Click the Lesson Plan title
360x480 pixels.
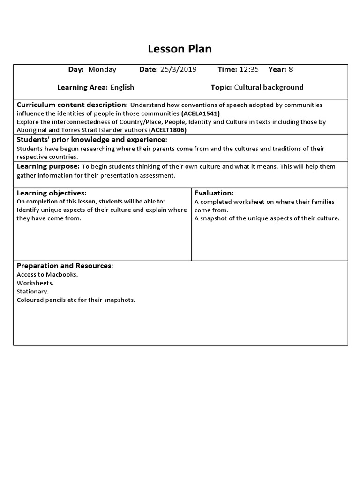180,49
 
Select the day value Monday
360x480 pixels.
102,69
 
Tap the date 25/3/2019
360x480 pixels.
178,69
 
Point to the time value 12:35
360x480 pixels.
249,69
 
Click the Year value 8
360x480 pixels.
291,69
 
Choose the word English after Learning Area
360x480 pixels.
122,87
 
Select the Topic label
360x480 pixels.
221,87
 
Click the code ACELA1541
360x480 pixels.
201,113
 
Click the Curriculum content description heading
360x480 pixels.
72,105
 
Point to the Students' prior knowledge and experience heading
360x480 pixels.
92,140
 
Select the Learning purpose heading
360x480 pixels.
48,166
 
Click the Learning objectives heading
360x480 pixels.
52,193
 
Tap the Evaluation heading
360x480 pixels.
214,193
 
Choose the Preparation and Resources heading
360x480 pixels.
65,266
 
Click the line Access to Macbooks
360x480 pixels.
47,275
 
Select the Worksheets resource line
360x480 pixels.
35,283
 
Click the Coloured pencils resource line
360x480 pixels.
76,300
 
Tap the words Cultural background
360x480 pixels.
269,87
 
